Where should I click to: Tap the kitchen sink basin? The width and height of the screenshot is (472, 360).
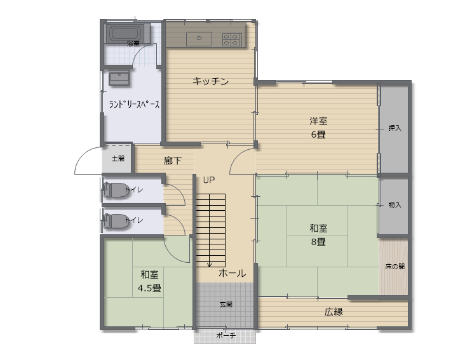[x=199, y=39]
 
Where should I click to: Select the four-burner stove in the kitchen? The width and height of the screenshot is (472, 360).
[x=232, y=39]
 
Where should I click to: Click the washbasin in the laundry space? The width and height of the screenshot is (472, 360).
[x=119, y=78]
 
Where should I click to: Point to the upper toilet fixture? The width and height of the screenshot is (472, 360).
[x=116, y=190]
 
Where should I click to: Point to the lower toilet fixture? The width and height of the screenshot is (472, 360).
[x=116, y=221]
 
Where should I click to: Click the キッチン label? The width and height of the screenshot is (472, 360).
[x=211, y=81]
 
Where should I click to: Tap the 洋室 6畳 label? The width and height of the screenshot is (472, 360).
[x=318, y=128]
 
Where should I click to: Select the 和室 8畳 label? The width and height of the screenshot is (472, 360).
[x=318, y=235]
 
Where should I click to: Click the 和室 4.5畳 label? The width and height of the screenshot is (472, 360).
[x=149, y=281]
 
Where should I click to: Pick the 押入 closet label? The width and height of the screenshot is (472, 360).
[x=394, y=128]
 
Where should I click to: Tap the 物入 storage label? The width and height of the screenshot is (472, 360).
[x=394, y=205]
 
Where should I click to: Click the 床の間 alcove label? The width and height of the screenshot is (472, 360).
[x=394, y=267]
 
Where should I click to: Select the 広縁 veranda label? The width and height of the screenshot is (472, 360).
[x=334, y=312]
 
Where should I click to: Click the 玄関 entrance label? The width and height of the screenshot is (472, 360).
[x=226, y=304]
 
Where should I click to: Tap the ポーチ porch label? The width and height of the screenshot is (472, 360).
[x=226, y=335]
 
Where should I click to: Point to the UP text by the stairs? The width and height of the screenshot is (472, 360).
[x=209, y=180]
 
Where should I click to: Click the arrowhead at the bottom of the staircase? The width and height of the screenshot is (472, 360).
[x=210, y=265]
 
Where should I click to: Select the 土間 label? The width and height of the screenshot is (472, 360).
[x=118, y=159]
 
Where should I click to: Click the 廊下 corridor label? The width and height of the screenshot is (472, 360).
[x=173, y=161]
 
